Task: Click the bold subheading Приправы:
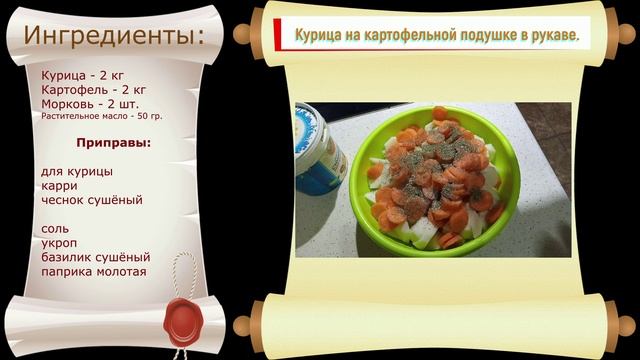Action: click(x=114, y=143)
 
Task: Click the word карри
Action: click(x=60, y=186)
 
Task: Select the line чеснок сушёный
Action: click(x=92, y=200)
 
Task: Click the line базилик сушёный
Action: click(x=96, y=257)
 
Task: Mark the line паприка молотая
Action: click(x=94, y=272)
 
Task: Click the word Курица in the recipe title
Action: click(x=318, y=36)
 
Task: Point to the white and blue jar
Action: click(x=320, y=156)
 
